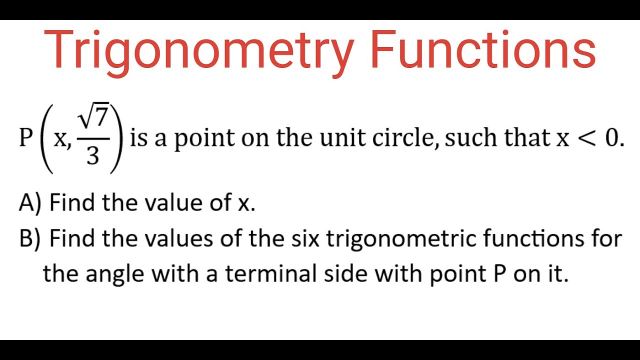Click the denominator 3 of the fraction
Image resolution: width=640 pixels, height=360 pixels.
(x=92, y=156)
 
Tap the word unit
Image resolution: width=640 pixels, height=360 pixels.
(x=342, y=138)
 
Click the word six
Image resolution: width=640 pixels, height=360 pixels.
(x=305, y=238)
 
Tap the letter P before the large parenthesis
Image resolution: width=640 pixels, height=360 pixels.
(x=25, y=138)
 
